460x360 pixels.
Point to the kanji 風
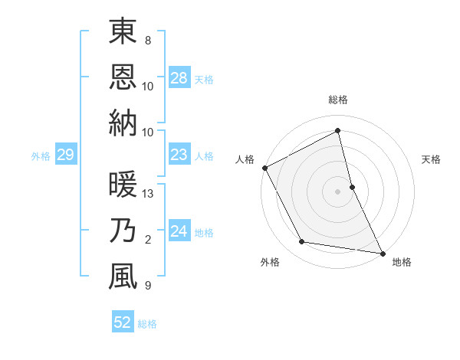[123, 277]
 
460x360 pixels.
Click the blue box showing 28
[179, 78]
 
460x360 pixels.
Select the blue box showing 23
[179, 155]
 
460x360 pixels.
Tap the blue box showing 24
[179, 231]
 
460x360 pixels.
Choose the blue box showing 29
[65, 155]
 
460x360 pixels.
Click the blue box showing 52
[122, 322]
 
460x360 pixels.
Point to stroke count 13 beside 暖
[149, 194]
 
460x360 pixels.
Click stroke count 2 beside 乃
[148, 240]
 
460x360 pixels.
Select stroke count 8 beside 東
[148, 41]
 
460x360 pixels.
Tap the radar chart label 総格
[338, 100]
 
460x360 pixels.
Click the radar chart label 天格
[431, 159]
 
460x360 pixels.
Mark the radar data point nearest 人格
[264, 168]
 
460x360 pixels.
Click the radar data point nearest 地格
[382, 253]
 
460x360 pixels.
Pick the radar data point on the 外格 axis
[302, 242]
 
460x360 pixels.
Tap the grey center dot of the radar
[338, 191]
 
